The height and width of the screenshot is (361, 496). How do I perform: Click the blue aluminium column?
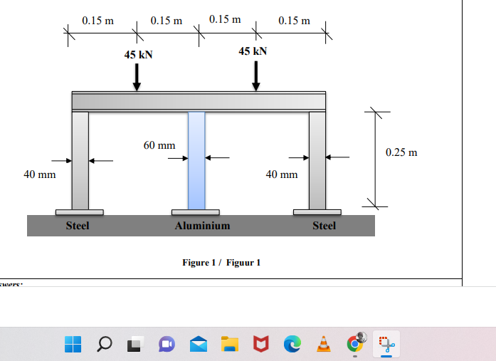click(x=196, y=160)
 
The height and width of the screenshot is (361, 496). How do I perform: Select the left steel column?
click(x=80, y=160)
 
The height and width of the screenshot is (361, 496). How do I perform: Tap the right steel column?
click(x=317, y=160)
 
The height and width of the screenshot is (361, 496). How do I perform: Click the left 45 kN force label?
click(x=139, y=55)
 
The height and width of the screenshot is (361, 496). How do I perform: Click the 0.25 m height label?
click(x=401, y=152)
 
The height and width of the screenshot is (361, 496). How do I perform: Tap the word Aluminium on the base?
click(x=202, y=226)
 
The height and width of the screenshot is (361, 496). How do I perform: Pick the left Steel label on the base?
click(x=78, y=226)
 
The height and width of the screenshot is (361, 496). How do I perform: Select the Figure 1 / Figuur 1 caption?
click(x=221, y=263)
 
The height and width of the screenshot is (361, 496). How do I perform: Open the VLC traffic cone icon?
click(x=323, y=345)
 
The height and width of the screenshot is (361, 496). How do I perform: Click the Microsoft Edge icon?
click(x=292, y=345)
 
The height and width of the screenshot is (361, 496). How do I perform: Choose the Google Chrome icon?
click(x=354, y=344)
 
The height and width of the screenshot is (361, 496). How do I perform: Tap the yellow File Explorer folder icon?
click(x=229, y=345)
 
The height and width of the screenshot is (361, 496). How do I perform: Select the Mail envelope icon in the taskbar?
click(x=198, y=345)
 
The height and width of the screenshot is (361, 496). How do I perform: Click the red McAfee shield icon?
click(x=260, y=345)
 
